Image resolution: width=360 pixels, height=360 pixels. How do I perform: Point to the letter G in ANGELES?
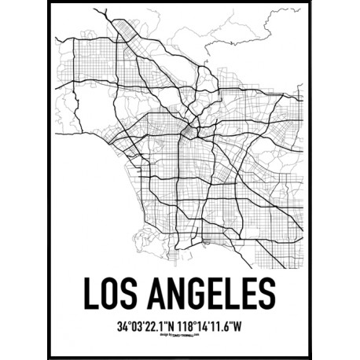click(x=199, y=292)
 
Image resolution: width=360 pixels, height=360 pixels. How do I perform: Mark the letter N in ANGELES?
click(x=177, y=292)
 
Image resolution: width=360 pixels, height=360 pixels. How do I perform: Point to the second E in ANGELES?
click(x=248, y=292)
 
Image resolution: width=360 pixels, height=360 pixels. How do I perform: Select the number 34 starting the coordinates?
click(x=121, y=323)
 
